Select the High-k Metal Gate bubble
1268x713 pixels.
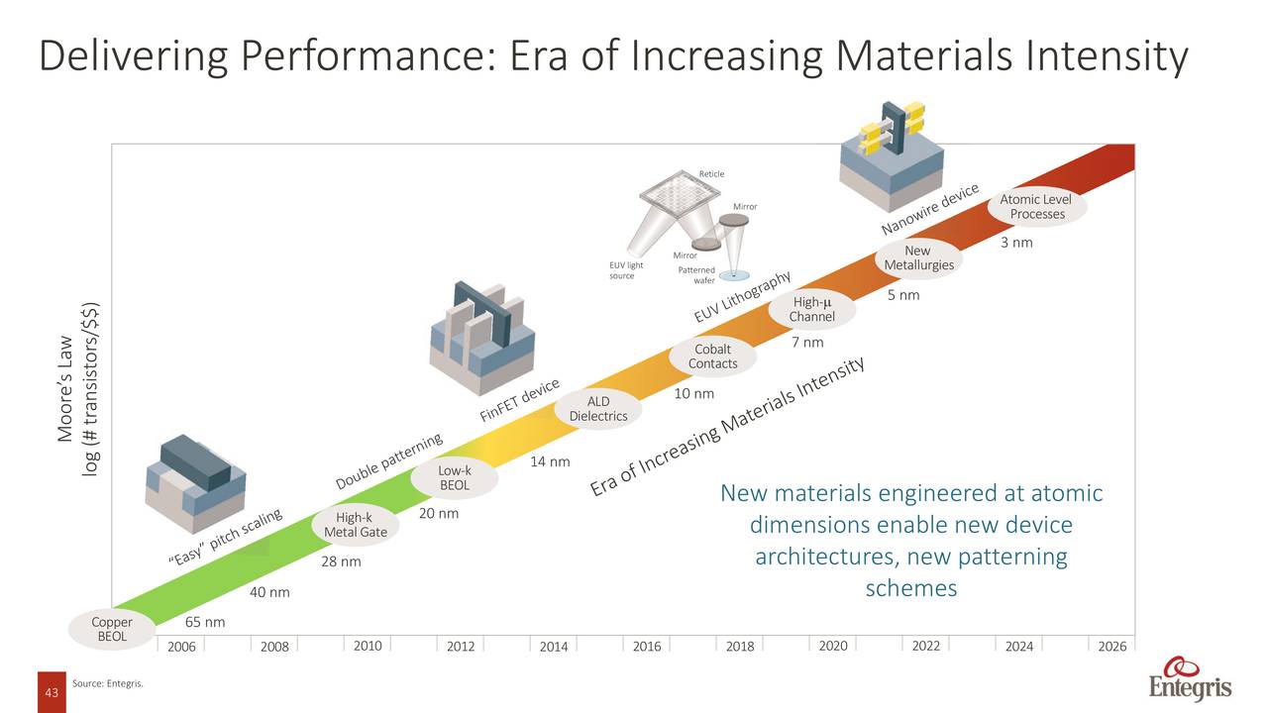pyautogui.click(x=355, y=525)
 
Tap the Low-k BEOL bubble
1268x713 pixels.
pyautogui.click(x=454, y=478)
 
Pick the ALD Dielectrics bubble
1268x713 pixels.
pyautogui.click(x=598, y=409)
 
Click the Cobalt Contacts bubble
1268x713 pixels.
pyautogui.click(x=712, y=356)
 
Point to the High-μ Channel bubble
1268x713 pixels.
pyautogui.click(x=811, y=309)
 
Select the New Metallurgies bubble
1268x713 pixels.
pyautogui.click(x=918, y=257)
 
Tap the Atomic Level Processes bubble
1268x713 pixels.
pyautogui.click(x=1036, y=207)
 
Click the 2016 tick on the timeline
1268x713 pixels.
pyautogui.click(x=647, y=647)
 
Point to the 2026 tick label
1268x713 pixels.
pyautogui.click(x=1111, y=647)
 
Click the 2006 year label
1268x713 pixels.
pyautogui.click(x=181, y=647)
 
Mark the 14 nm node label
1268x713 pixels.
pyautogui.click(x=550, y=461)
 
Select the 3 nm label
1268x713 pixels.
pyautogui.click(x=1016, y=243)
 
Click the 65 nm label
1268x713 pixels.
pyautogui.click(x=205, y=622)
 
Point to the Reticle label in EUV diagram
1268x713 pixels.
pyautogui.click(x=711, y=174)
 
